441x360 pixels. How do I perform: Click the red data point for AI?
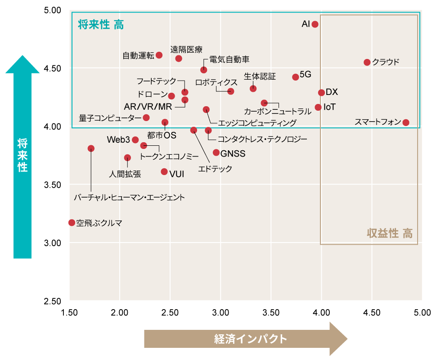[x=315, y=24]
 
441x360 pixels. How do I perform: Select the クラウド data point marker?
[x=367, y=63]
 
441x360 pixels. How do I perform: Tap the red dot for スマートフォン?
[x=406, y=122]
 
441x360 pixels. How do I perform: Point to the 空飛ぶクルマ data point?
[x=72, y=223]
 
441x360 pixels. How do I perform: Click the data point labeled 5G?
[x=296, y=77]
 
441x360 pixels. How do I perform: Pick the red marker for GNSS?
[x=216, y=153]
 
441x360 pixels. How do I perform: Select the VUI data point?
[x=164, y=172]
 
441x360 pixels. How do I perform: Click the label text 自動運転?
[x=138, y=56]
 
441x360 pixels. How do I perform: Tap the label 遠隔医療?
[x=186, y=49]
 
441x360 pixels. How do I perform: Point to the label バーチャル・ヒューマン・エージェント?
[x=130, y=197]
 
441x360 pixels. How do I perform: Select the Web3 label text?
[x=119, y=140]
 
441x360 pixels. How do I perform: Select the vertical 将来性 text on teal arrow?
[x=22, y=155]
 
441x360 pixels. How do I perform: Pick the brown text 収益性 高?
[x=390, y=234]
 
